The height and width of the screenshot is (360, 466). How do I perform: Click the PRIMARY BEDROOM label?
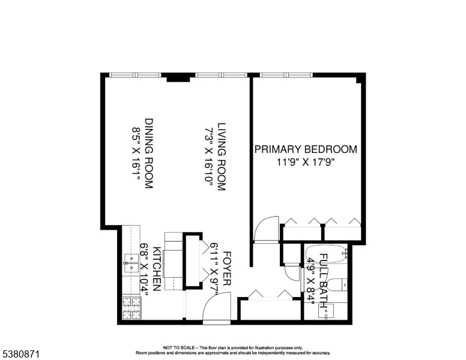[306, 149]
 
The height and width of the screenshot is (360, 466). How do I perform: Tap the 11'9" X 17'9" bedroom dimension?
[306, 161]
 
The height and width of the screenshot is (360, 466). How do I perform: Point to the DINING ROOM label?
[148, 153]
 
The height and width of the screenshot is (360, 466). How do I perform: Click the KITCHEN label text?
[156, 269]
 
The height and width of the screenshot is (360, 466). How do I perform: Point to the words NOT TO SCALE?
[177, 347]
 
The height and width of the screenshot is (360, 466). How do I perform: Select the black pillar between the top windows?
[178, 77]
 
